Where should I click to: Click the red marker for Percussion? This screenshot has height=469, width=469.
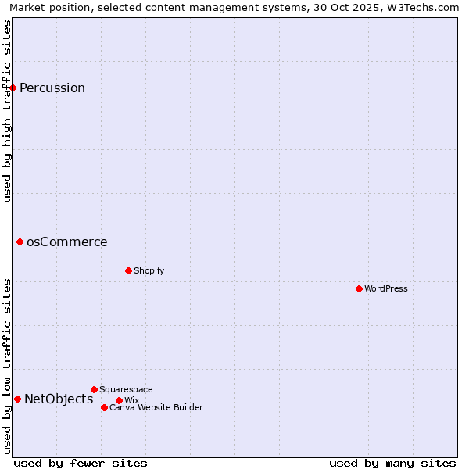pos(13,88)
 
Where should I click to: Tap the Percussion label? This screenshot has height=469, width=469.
pos(52,88)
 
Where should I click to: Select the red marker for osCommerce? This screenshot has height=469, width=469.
pos(20,242)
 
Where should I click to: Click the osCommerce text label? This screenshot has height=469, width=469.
pos(67,242)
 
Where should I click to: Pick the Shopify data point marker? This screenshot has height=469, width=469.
pos(128,270)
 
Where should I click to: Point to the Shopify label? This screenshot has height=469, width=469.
pos(149,270)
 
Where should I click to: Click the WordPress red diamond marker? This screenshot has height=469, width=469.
pos(359,288)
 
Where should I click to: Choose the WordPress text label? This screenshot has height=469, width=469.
pos(386,288)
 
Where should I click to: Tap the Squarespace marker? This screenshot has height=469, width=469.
pos(94,389)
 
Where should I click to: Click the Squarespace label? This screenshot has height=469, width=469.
pos(126,389)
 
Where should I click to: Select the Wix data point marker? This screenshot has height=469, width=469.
pos(119,400)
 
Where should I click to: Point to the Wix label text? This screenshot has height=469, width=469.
pos(131,400)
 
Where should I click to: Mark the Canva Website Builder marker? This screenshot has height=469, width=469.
pos(104,407)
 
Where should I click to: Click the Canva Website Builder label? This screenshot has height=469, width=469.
pos(156,407)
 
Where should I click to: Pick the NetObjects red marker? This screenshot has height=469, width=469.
pos(17,399)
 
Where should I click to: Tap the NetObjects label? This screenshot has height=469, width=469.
pos(59,399)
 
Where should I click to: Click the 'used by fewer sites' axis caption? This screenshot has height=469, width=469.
pos(81,463)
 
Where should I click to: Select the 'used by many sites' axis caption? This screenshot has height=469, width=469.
pos(392,463)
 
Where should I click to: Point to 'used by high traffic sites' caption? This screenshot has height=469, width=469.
pos(7,111)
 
